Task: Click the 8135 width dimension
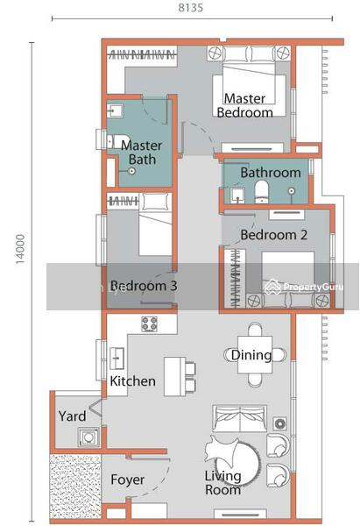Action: pyautogui.click(x=190, y=7)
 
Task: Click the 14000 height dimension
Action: pyautogui.click(x=20, y=249)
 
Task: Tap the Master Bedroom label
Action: pyautogui.click(x=245, y=105)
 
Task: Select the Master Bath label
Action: pyautogui.click(x=142, y=153)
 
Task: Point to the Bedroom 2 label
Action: pyautogui.click(x=273, y=235)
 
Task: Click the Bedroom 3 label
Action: pyautogui.click(x=144, y=286)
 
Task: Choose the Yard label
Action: pyautogui.click(x=72, y=416)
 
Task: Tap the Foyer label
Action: pyautogui.click(x=127, y=480)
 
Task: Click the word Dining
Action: pyautogui.click(x=251, y=355)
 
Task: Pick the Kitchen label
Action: pyautogui.click(x=133, y=381)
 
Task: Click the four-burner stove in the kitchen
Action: pyautogui.click(x=149, y=324)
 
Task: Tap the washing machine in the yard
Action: pyautogui.click(x=88, y=437)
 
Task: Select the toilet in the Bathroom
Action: pyautogui.click(x=261, y=192)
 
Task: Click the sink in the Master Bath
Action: pyautogui.click(x=115, y=110)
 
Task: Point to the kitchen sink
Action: pyautogui.click(x=117, y=359)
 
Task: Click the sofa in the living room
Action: pyautogui.click(x=240, y=418)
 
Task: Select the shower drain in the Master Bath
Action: pyautogui.click(x=132, y=171)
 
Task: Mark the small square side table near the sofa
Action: pyautogui.click(x=279, y=423)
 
